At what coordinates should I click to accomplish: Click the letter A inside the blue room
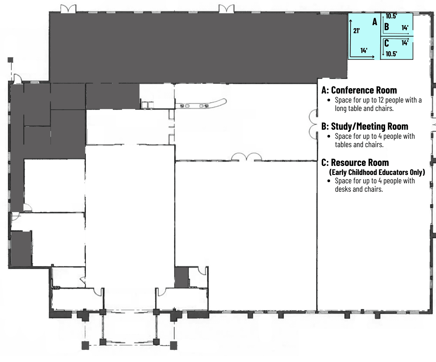375,22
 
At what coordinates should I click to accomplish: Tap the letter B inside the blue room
387,27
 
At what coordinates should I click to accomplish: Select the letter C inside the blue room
387,43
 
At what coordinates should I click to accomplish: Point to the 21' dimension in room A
357,31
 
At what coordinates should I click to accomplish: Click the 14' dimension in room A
364,51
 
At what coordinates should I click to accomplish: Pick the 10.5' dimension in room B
391,16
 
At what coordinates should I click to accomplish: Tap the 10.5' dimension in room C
391,54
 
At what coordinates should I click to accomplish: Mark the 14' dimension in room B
405,28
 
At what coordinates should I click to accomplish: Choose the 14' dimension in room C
405,43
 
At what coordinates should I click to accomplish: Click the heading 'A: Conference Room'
359,90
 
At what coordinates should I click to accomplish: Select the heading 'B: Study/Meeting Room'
365,126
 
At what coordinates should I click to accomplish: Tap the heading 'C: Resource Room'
355,163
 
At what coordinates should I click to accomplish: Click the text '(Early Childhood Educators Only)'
377,172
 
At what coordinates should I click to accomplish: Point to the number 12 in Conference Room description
381,100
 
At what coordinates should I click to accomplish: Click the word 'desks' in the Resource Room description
342,189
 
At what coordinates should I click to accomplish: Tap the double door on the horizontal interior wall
247,157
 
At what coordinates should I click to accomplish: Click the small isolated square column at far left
10,60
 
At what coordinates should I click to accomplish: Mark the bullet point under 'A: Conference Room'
329,100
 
